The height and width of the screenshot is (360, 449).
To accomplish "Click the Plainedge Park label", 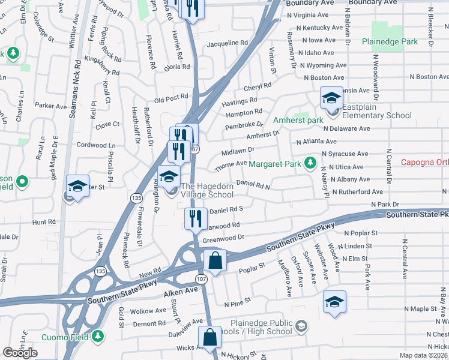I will (x=390, y=41).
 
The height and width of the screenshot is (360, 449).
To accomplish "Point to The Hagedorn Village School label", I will (x=207, y=190).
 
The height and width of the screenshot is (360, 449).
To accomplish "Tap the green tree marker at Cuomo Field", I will (x=97, y=337).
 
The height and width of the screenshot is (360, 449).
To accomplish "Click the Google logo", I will (x=20, y=353).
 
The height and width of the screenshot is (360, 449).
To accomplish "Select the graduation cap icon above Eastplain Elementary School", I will (x=331, y=97).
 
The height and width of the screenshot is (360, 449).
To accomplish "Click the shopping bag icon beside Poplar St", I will (x=214, y=261).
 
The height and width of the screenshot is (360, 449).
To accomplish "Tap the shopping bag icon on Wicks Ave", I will (x=211, y=338).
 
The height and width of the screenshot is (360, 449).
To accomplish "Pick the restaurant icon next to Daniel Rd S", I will (x=194, y=218).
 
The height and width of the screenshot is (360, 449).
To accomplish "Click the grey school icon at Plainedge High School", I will (x=301, y=326).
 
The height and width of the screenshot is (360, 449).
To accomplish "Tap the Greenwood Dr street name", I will (x=223, y=239).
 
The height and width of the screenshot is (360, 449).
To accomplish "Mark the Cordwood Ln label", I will (x=96, y=145).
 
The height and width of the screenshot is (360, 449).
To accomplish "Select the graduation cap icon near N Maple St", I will (x=334, y=301).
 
